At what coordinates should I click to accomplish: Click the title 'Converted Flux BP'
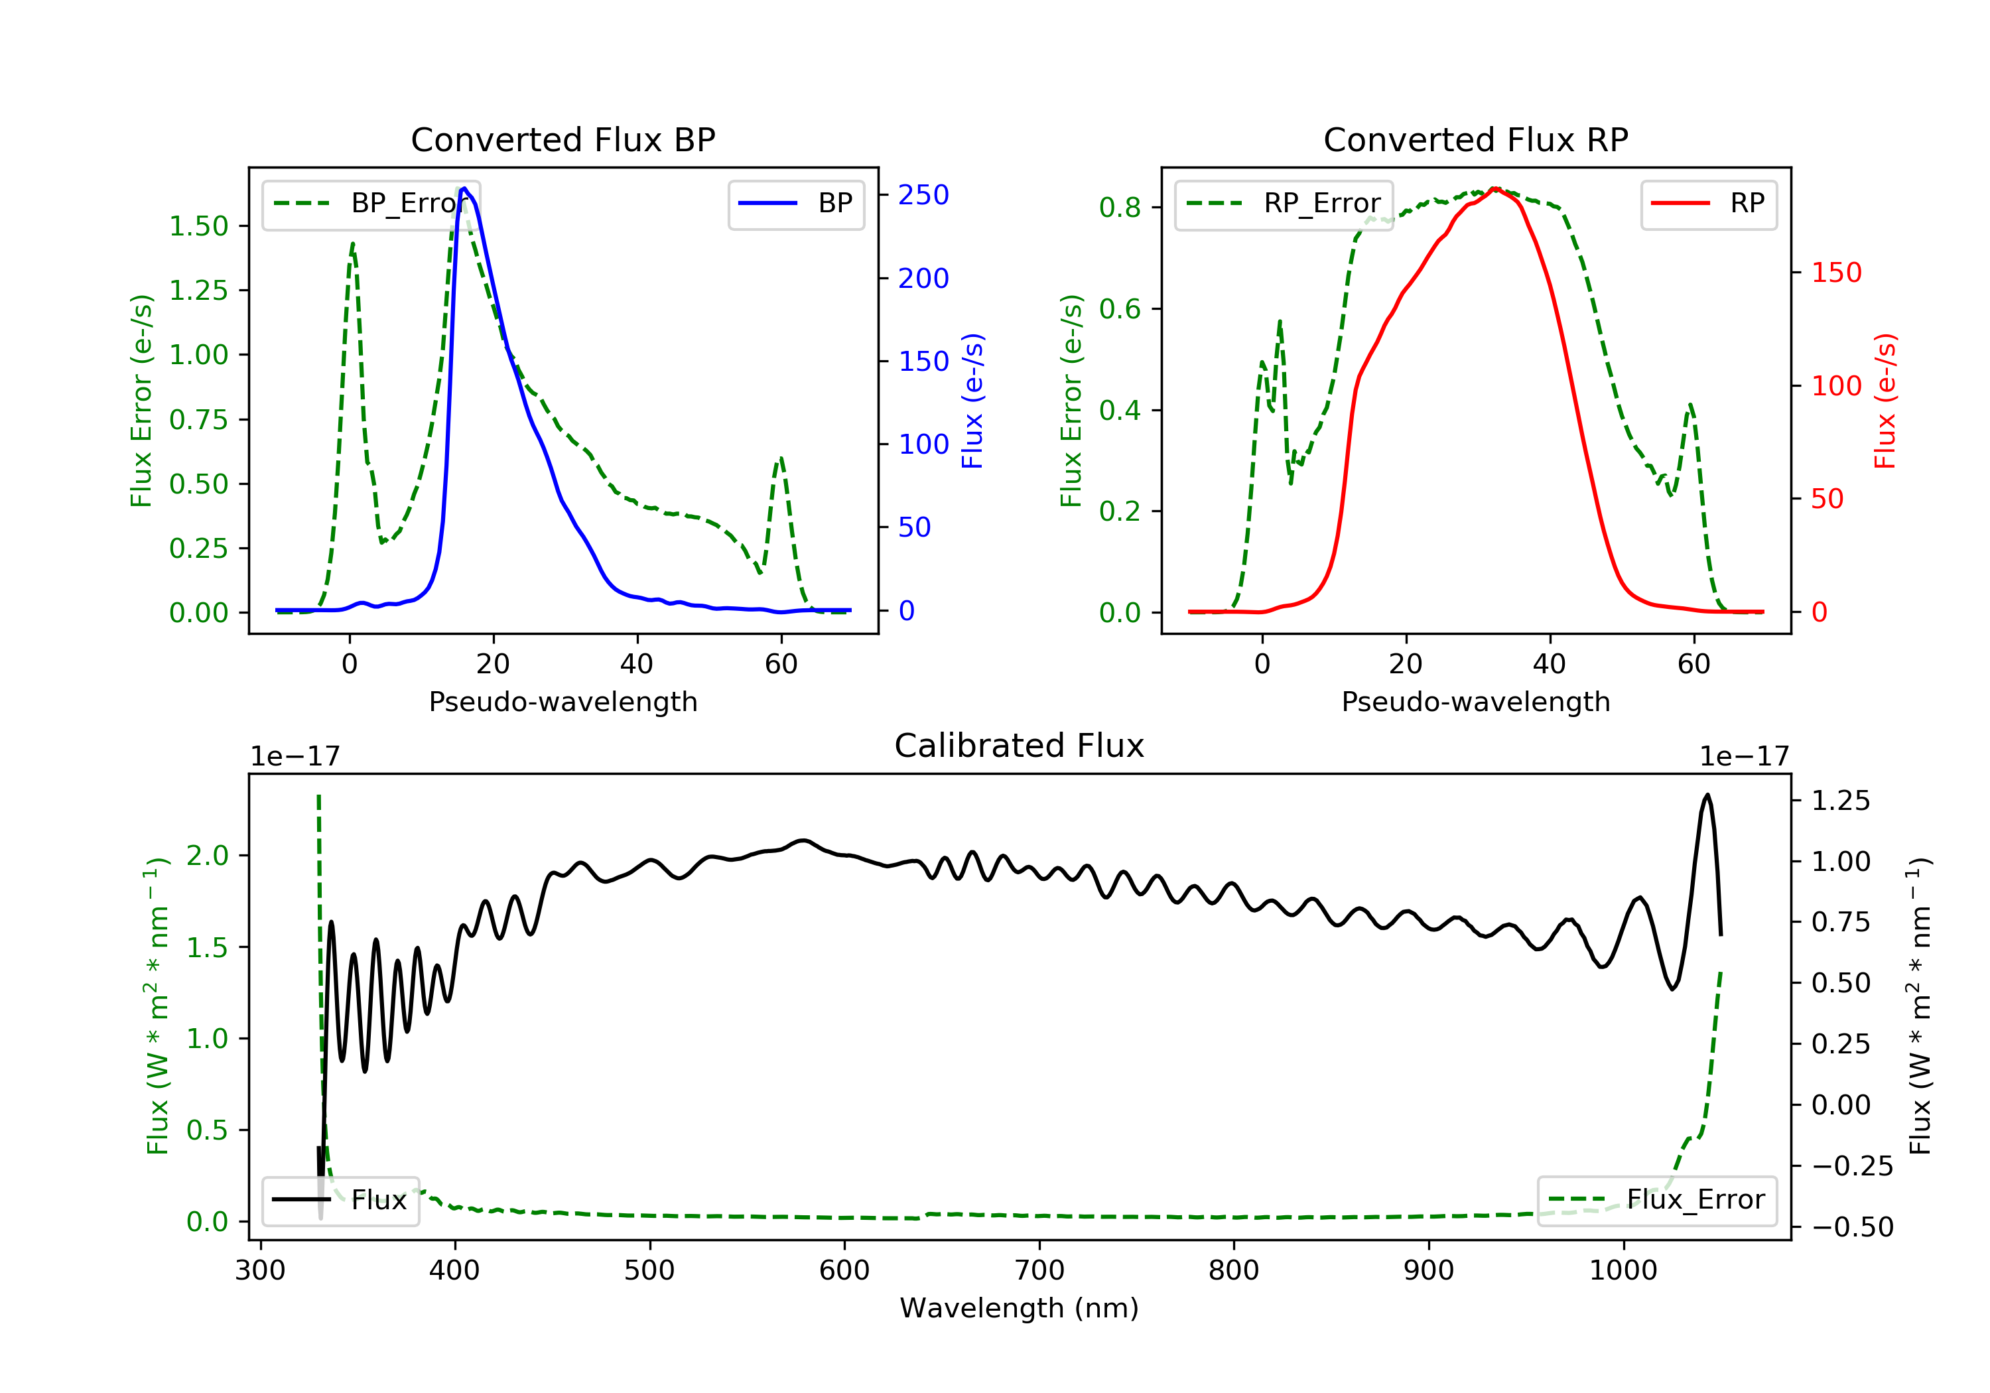563,139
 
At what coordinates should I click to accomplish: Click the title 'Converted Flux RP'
1475,139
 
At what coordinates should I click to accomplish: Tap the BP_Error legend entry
370,204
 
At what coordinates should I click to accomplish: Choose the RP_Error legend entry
1283,204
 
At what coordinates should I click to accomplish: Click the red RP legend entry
1707,204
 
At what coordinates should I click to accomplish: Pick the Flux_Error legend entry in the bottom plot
1656,1200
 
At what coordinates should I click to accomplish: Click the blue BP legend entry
795,204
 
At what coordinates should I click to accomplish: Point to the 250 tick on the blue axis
923,195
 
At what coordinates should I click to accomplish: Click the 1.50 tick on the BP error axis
198,226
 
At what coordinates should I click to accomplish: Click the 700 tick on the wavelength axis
1039,1271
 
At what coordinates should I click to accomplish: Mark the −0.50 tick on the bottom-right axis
1852,1227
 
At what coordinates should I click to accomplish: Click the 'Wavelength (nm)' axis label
1020,1308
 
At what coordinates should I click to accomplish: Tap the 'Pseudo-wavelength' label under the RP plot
1475,702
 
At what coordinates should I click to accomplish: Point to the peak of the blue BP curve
464,188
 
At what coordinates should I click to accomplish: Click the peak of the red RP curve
1494,188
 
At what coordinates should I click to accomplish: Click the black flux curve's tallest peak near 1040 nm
1707,794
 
